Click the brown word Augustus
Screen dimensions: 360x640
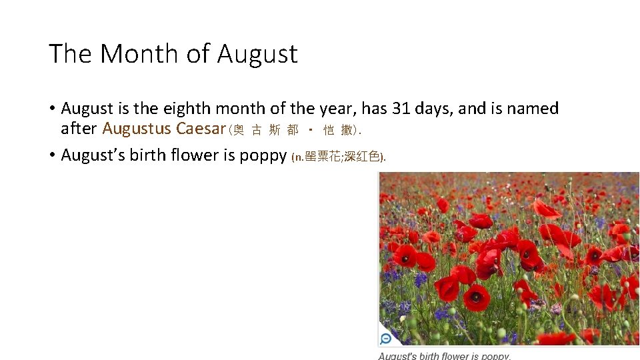pos(137,129)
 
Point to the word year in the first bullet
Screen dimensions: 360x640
pos(339,109)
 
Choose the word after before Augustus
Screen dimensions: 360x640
pos(79,128)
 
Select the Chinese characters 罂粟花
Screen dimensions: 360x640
pos(323,157)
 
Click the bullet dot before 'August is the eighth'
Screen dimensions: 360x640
pos(51,109)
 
